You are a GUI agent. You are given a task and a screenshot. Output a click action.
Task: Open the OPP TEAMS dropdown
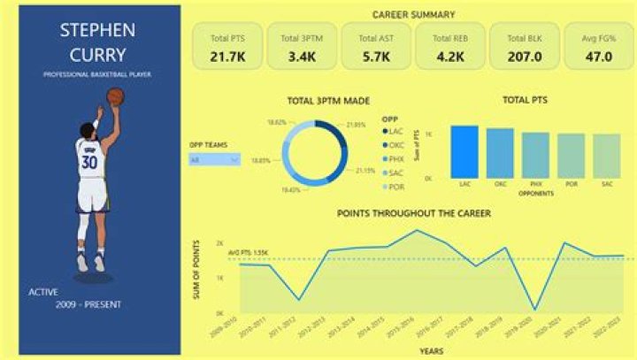(x=214, y=160)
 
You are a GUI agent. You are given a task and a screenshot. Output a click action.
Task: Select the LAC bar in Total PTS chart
(x=464, y=151)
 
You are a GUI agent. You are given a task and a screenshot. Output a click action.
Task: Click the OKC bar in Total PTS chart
(x=500, y=153)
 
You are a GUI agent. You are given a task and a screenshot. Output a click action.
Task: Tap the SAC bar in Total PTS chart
(x=606, y=156)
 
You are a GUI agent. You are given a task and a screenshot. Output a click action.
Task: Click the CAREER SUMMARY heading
(x=413, y=14)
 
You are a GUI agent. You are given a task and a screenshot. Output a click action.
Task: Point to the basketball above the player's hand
(x=115, y=96)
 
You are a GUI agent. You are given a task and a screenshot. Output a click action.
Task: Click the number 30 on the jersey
(x=89, y=163)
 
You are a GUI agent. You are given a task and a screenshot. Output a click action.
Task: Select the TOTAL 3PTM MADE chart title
(x=328, y=101)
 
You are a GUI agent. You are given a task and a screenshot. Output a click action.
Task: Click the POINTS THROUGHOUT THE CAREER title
(x=413, y=213)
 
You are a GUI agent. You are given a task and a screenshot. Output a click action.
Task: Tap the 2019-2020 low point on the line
(x=533, y=310)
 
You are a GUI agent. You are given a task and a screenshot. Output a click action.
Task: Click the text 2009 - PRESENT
(x=88, y=304)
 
